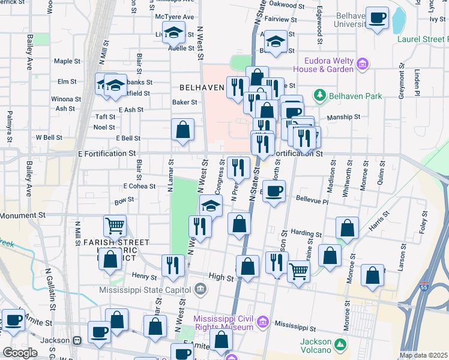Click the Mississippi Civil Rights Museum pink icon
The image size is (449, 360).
(262, 323)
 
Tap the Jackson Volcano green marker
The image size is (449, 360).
(341, 344)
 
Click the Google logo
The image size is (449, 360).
(20, 352)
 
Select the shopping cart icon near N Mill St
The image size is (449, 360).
(115, 226)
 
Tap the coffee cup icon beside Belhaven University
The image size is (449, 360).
(378, 18)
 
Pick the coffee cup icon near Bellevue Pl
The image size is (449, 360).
(274, 191)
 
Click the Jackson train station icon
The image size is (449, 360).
(76, 340)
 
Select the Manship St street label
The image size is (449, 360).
(343, 117)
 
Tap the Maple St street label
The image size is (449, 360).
(67, 61)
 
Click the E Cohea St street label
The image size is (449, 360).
(139, 186)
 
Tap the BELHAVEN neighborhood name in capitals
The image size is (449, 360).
(201, 88)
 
